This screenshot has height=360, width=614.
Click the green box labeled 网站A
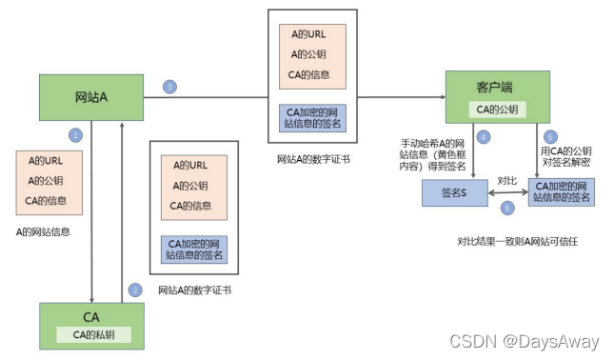click(90, 97)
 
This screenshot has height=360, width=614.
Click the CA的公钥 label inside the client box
click(500, 110)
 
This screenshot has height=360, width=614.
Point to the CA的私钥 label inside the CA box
click(90, 333)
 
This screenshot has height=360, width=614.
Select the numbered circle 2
click(135, 290)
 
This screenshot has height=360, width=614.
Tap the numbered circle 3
click(169, 87)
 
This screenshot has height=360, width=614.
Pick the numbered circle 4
click(484, 137)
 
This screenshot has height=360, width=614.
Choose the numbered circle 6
click(507, 207)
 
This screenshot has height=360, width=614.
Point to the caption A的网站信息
click(48, 231)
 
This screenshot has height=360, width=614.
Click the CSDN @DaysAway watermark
click(525, 341)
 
